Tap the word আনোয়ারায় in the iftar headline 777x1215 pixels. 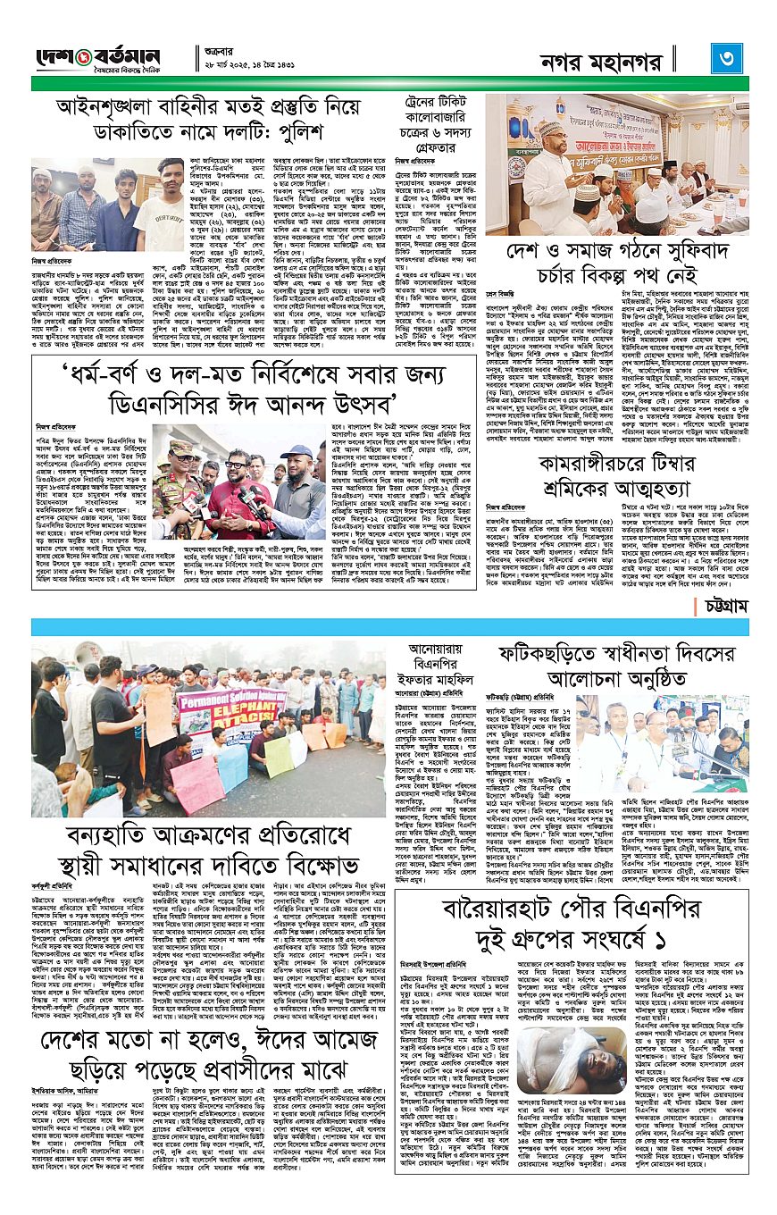pos(429,646)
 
